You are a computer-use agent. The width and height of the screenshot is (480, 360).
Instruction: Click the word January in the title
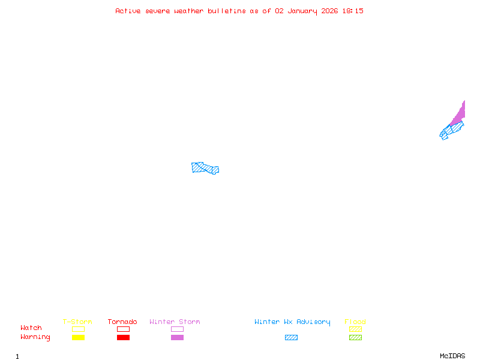(303, 11)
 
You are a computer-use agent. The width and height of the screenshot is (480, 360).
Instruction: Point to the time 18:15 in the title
(353, 11)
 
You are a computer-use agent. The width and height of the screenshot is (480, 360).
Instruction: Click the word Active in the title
(128, 11)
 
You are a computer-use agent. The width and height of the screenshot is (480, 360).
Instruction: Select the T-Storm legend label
(77, 322)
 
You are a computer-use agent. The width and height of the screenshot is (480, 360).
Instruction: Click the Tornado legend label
(122, 322)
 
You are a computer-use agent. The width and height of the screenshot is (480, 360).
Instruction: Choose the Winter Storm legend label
(175, 322)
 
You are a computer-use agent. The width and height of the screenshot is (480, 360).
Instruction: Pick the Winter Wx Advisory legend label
(292, 322)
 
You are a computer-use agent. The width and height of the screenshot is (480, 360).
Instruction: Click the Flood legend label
(355, 322)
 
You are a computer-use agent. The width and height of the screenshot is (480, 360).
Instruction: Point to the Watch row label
(31, 328)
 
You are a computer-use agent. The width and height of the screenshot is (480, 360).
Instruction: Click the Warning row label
(35, 337)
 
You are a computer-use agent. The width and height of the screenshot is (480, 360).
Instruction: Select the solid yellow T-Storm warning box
(78, 337)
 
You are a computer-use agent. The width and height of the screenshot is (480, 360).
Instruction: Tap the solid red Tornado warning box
(123, 337)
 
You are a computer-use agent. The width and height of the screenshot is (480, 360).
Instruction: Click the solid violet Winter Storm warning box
(177, 337)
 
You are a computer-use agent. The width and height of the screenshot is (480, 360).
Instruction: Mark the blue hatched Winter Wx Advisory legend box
(291, 337)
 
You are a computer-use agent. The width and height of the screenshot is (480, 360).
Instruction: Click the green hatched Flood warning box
(355, 337)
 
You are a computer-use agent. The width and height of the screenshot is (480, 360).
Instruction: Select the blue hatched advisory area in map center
(205, 168)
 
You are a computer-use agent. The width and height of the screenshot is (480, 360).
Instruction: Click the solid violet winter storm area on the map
(460, 115)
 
